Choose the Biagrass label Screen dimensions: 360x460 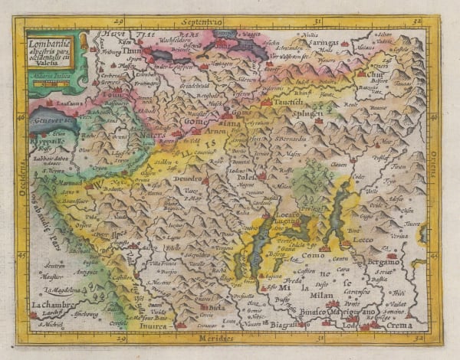pos(284,324)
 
